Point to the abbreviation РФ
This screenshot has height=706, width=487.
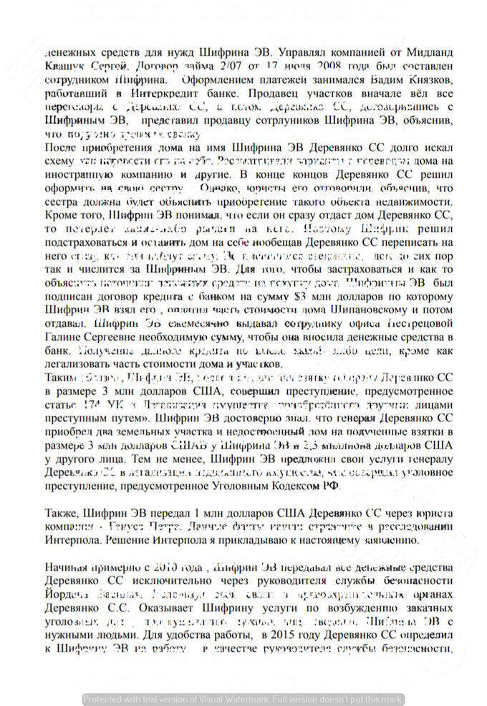point(332,485)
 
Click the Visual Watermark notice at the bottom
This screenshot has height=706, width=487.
point(243,699)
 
